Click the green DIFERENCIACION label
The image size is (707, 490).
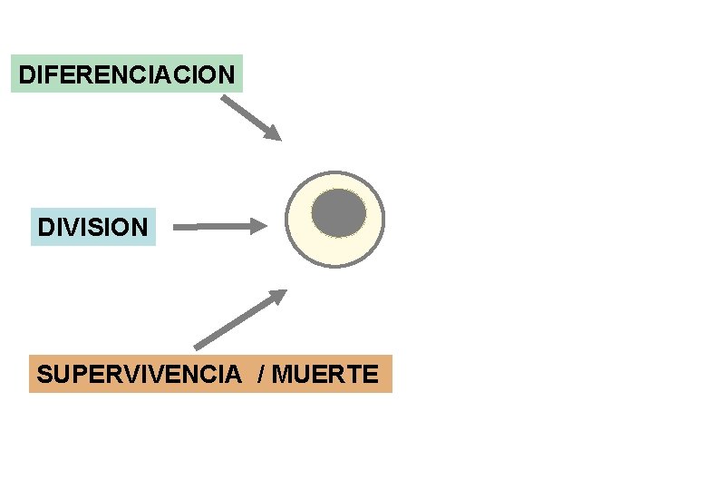coord(127,73)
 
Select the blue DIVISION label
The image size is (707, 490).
coord(92,226)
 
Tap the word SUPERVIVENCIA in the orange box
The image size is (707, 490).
coord(139,374)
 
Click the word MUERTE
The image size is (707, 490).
coord(324,374)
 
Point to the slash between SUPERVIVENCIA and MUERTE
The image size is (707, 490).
coord(262,374)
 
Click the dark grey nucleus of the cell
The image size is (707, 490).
coord(339,213)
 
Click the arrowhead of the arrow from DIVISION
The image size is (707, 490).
coord(260,226)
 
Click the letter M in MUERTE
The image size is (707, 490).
coord(281,374)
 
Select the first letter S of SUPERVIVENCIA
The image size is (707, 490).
coord(44,374)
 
